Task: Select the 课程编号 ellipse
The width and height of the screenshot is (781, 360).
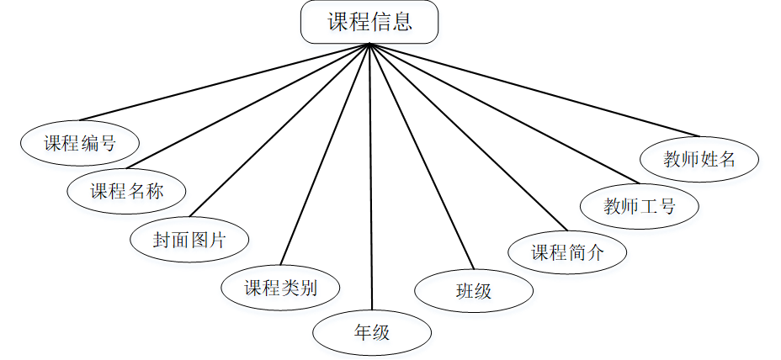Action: (x=80, y=142)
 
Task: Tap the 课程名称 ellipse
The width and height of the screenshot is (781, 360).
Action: (x=126, y=190)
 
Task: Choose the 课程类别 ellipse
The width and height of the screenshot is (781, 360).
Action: (x=280, y=288)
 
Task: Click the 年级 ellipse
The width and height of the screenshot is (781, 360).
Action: (x=372, y=332)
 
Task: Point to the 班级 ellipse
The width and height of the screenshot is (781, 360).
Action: (x=474, y=291)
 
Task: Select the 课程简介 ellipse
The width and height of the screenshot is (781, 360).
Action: (x=567, y=251)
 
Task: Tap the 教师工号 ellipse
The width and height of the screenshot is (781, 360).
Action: (x=640, y=206)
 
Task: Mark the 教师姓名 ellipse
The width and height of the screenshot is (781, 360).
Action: (x=700, y=159)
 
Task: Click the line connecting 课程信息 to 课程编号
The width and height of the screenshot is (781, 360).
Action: (x=224, y=82)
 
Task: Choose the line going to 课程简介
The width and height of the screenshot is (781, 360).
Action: (x=467, y=135)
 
